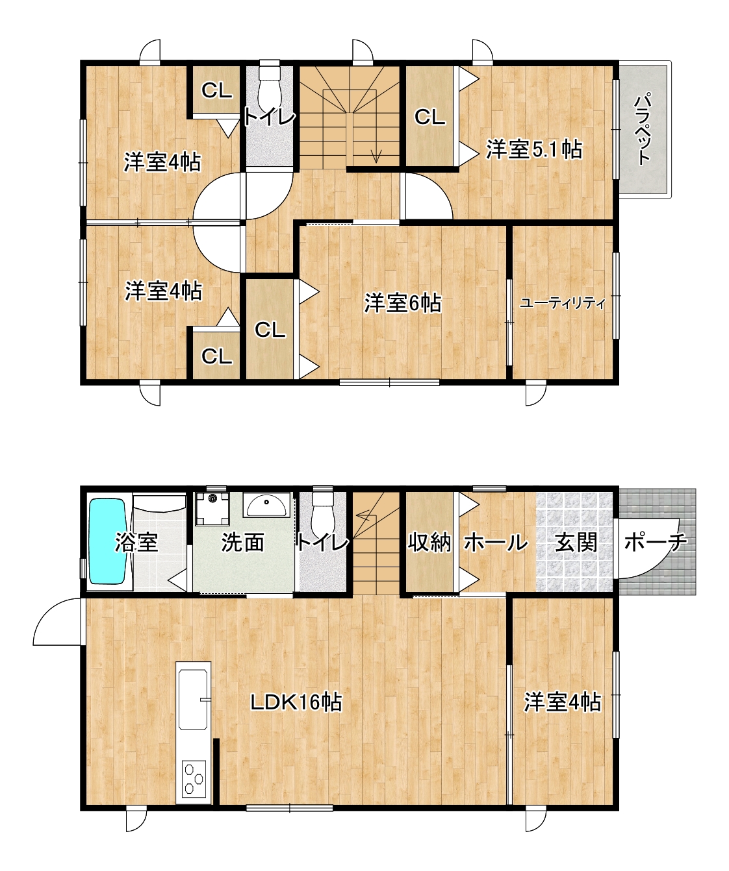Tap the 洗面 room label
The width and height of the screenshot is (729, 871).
point(242,543)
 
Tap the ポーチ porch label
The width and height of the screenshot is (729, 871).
point(655,543)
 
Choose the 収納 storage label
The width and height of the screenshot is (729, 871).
point(429,543)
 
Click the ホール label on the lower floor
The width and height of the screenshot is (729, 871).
point(496,543)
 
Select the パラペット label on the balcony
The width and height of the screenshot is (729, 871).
point(644,130)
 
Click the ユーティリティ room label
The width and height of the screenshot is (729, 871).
point(563,304)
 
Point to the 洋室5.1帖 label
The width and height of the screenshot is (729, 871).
point(534,149)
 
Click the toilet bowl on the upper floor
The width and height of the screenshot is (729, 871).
point(270,86)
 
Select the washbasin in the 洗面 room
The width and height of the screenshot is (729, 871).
point(266,506)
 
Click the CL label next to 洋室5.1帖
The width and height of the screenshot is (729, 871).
point(429,117)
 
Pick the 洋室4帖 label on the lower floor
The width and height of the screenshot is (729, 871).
point(563,702)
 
